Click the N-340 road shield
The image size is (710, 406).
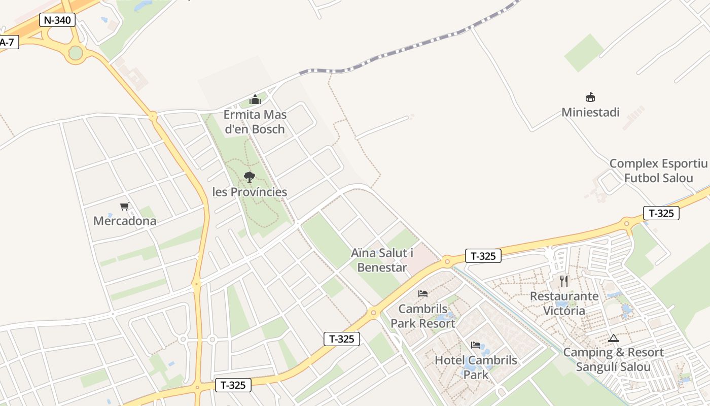coord(57,20)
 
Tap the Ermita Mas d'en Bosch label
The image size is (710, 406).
coord(255,122)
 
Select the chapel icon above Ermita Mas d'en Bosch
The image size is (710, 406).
coord(255,99)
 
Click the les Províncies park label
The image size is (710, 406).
coord(250,192)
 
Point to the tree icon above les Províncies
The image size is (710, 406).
coord(249,177)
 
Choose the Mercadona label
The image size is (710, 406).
coord(125,221)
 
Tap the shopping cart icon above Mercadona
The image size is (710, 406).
coord(125,206)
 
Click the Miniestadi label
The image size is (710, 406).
coord(590,112)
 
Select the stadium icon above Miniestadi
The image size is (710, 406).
coord(590,97)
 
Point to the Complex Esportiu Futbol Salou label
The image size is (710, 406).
coord(658,171)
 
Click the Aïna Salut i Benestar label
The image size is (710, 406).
coord(382,260)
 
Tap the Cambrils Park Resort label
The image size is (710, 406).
coord(423,316)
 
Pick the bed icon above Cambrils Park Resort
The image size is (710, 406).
coord(423,294)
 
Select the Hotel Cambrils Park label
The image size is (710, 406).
coord(476,367)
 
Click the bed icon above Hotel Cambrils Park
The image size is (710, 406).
coord(476,345)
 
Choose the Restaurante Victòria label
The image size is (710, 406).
coord(564,303)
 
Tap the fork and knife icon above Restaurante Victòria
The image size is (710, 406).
coord(564,281)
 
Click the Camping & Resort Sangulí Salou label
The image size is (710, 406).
coord(613,360)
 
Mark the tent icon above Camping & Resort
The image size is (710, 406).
coord(614,338)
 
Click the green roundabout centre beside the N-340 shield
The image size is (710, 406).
coord(76,52)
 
